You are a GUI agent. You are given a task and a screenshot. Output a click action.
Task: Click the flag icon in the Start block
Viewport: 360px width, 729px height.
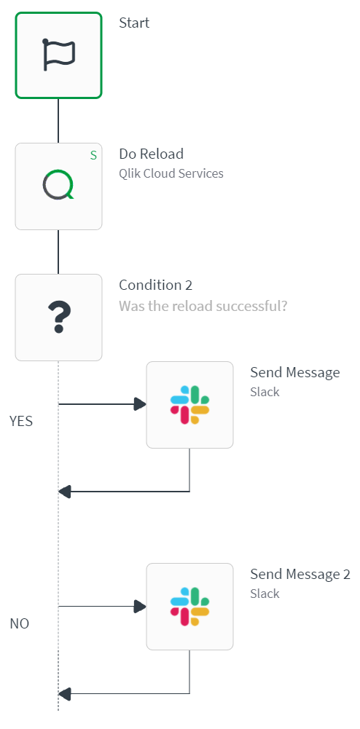(58, 55)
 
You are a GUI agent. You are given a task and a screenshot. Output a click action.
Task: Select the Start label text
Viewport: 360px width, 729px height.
(134, 23)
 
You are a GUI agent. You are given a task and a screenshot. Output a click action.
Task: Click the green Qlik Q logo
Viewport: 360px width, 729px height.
(58, 186)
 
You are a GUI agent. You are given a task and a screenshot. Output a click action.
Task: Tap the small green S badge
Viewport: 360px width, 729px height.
(93, 155)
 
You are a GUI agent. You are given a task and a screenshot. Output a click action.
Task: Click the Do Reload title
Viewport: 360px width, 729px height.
(151, 154)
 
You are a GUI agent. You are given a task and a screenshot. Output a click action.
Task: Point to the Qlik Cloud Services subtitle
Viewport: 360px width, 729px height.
(171, 173)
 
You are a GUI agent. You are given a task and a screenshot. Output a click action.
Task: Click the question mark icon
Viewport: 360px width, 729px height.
(58, 318)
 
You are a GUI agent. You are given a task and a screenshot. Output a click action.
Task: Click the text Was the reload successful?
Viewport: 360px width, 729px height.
(203, 305)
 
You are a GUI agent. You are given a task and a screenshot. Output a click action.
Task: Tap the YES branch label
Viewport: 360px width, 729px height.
(21, 421)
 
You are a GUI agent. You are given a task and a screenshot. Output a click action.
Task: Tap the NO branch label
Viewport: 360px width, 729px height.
(20, 624)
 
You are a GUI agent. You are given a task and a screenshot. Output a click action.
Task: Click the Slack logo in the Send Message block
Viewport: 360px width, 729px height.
(189, 405)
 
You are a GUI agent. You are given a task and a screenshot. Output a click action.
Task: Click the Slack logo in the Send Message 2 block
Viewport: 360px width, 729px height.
(189, 607)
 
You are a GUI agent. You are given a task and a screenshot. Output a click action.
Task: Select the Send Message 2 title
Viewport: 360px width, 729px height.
(300, 575)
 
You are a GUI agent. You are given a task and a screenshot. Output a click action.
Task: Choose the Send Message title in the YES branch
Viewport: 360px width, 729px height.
(294, 373)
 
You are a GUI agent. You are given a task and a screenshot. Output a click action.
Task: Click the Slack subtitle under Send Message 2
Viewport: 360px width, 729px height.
(265, 594)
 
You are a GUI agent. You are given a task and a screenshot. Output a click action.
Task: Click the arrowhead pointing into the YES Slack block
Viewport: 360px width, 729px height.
(140, 404)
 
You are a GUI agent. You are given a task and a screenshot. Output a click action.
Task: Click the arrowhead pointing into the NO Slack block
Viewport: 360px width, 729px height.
(140, 606)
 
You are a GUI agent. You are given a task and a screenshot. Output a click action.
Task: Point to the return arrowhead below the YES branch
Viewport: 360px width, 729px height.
(64, 492)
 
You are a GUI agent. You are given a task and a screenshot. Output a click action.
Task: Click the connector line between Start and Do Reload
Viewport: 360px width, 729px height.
(58, 120)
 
